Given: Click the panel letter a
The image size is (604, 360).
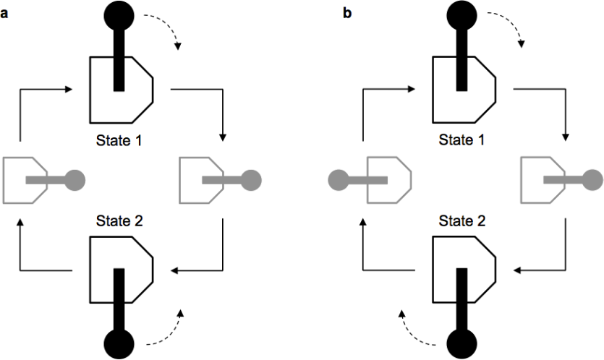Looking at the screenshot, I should click(x=5, y=14).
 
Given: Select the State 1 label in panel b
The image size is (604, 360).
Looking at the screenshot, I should click(x=462, y=140).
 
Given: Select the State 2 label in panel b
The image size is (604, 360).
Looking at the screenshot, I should click(x=462, y=221).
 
